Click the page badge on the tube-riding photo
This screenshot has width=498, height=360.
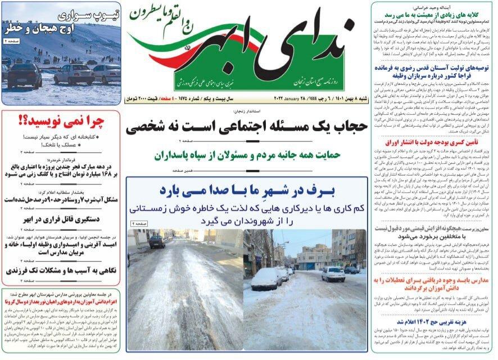click(12, 40)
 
